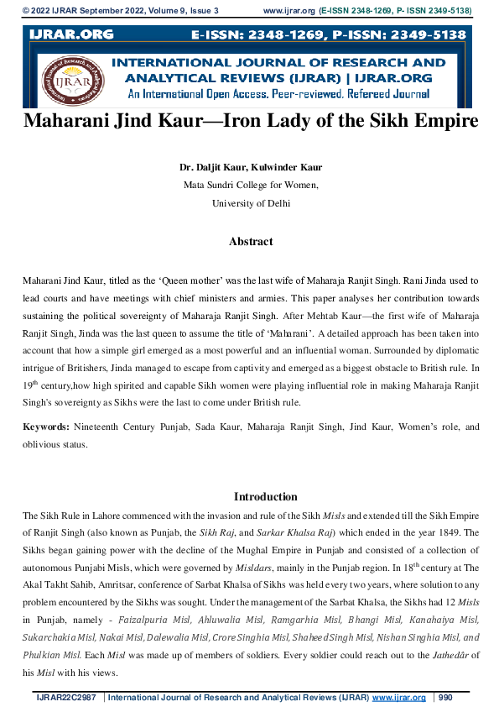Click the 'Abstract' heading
(x=251, y=242)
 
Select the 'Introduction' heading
(x=265, y=496)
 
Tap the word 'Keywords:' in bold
(x=46, y=427)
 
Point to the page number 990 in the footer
(x=445, y=698)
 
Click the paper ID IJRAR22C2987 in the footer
(x=66, y=698)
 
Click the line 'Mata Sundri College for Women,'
(x=251, y=185)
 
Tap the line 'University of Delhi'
(x=251, y=203)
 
